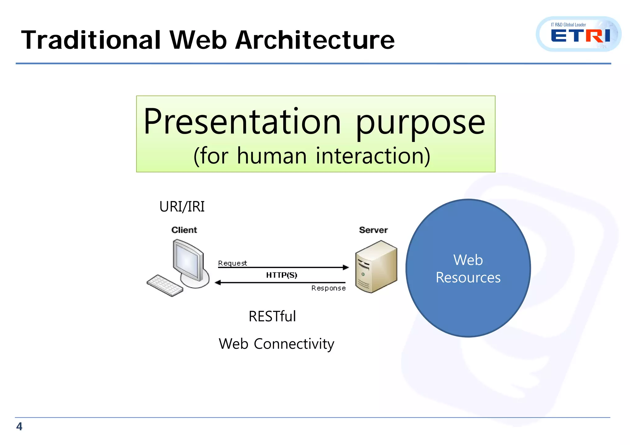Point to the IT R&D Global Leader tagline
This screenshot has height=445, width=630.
click(x=568, y=25)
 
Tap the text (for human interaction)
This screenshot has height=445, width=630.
click(x=312, y=156)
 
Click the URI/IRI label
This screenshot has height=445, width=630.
click(x=182, y=207)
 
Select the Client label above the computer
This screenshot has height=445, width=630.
click(x=184, y=230)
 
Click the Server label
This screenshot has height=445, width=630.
click(x=373, y=230)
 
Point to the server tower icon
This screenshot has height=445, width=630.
click(x=376, y=267)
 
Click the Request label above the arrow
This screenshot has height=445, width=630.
click(x=232, y=263)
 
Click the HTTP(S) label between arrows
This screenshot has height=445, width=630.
click(x=281, y=275)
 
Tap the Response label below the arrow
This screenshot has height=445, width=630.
click(x=328, y=288)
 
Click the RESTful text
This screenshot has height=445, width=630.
click(x=272, y=316)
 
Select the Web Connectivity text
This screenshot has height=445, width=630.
click(x=276, y=344)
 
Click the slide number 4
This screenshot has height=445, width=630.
click(x=19, y=427)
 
